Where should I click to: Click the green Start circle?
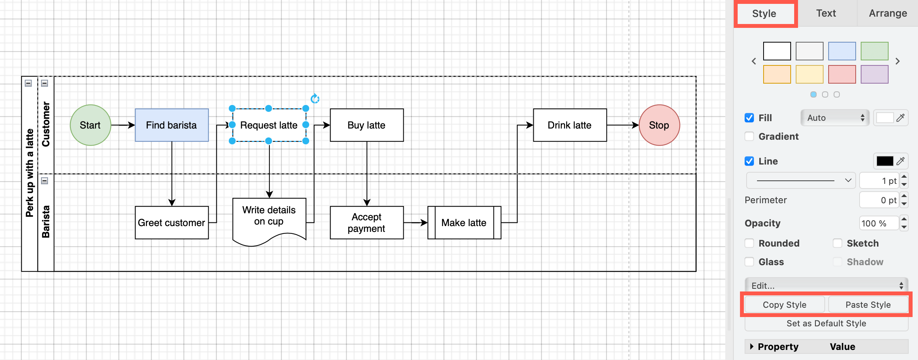pos(90,125)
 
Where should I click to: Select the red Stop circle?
pos(659,125)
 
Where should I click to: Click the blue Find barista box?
pos(171,125)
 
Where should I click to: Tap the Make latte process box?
pos(464,223)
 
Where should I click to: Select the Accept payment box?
pos(367,223)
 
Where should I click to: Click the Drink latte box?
pos(570,125)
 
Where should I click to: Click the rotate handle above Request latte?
pos(315,99)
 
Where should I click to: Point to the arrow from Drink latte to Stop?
pos(622,125)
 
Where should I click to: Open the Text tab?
pos(826,14)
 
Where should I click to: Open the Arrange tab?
pos(888,14)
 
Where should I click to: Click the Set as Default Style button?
pos(826,323)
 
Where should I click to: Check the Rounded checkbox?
pos(749,243)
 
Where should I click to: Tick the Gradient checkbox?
pos(749,136)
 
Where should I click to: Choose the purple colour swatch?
pos(874,74)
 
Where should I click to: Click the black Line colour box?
pos(885,161)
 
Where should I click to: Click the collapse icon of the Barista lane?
pos(45,181)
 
